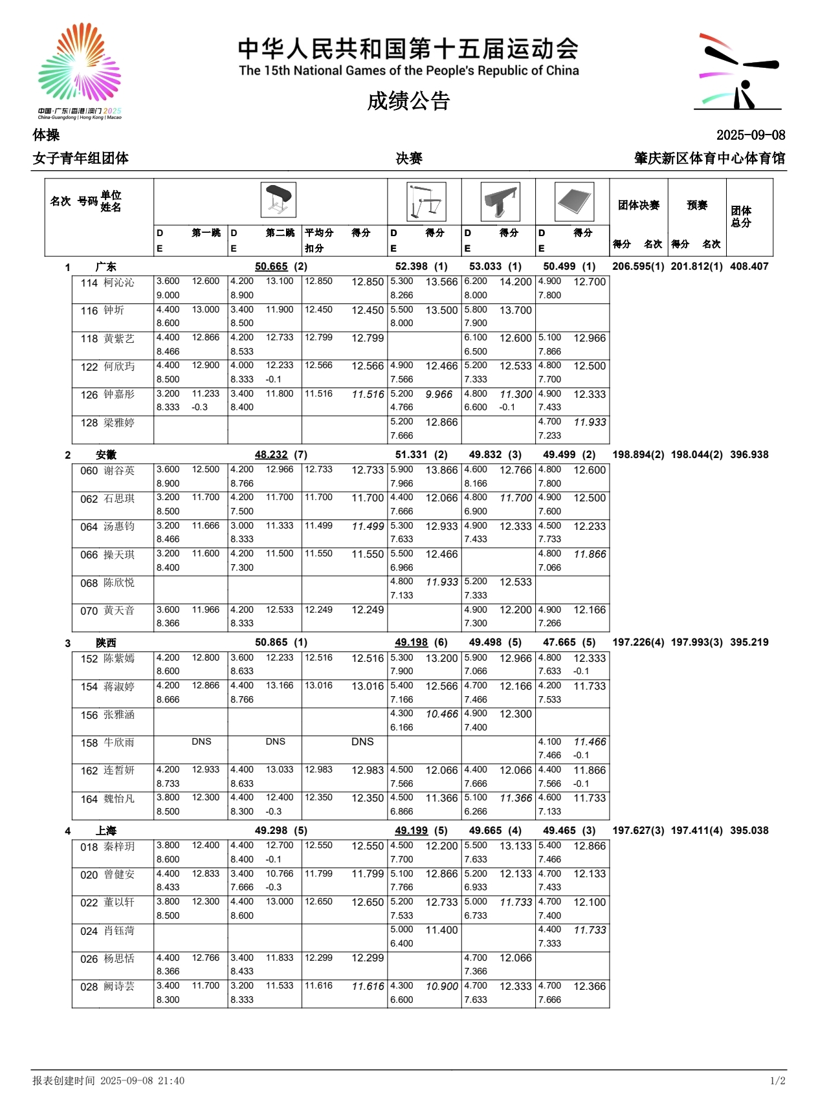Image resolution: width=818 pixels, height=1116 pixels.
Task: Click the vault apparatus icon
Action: click(x=278, y=201)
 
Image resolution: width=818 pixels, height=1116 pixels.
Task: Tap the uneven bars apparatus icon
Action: click(x=426, y=201)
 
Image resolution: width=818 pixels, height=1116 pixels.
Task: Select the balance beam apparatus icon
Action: click(x=500, y=201)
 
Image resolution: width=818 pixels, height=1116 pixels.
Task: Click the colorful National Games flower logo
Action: click(x=80, y=65)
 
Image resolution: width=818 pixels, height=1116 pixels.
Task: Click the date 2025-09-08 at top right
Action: click(x=750, y=135)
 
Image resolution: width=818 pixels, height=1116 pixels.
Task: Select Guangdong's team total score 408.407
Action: click(x=749, y=267)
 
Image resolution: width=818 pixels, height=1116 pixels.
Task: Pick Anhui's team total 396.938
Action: click(x=749, y=455)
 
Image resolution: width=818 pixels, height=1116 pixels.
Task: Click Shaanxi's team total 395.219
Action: click(x=749, y=642)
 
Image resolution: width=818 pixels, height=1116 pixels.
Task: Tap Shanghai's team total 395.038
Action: click(x=749, y=831)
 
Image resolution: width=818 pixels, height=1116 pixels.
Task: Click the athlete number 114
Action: click(x=89, y=283)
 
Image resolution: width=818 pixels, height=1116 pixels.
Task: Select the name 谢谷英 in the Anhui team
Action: click(x=120, y=471)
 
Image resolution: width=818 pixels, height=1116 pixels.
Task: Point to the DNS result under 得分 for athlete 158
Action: click(x=362, y=742)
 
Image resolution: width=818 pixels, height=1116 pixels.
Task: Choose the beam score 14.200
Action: click(x=515, y=282)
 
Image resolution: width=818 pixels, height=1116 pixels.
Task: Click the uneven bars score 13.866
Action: click(x=441, y=470)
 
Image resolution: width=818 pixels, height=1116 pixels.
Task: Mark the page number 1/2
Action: click(x=777, y=1081)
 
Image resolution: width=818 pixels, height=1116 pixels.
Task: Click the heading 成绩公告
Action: click(x=408, y=101)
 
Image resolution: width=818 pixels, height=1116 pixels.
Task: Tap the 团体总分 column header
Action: click(x=741, y=217)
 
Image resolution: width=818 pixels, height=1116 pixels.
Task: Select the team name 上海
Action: click(x=106, y=831)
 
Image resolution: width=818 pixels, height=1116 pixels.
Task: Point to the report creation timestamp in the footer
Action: click(x=109, y=1081)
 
